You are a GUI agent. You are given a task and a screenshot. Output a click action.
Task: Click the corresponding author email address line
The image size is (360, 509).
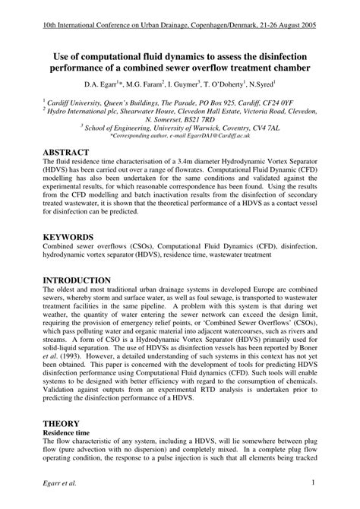point(180,136)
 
